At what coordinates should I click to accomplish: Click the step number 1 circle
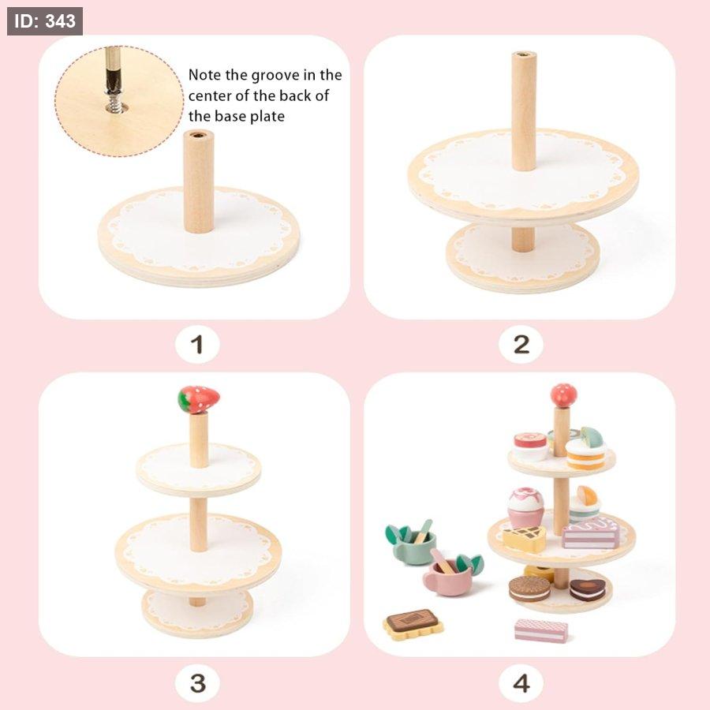pos(197,344)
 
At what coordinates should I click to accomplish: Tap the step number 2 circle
pos(521,344)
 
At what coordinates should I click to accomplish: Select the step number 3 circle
pos(197,683)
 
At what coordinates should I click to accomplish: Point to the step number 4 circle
pos(521,683)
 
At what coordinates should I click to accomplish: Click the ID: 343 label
pos(44,21)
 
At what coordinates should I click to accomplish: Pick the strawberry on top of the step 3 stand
pos(198,399)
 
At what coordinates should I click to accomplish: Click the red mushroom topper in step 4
pos(564,395)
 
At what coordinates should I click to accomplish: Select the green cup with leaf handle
pos(411,542)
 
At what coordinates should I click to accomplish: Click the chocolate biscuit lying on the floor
pos(413,623)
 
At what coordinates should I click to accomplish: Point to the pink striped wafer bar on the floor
pos(540,630)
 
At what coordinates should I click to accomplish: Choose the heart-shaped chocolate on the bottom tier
pos(587,589)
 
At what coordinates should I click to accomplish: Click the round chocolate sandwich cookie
pos(529,589)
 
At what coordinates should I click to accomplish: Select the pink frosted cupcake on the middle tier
pos(525,506)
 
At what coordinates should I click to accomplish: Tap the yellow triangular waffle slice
pos(525,538)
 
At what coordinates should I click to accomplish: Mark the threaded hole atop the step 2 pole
pos(525,54)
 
